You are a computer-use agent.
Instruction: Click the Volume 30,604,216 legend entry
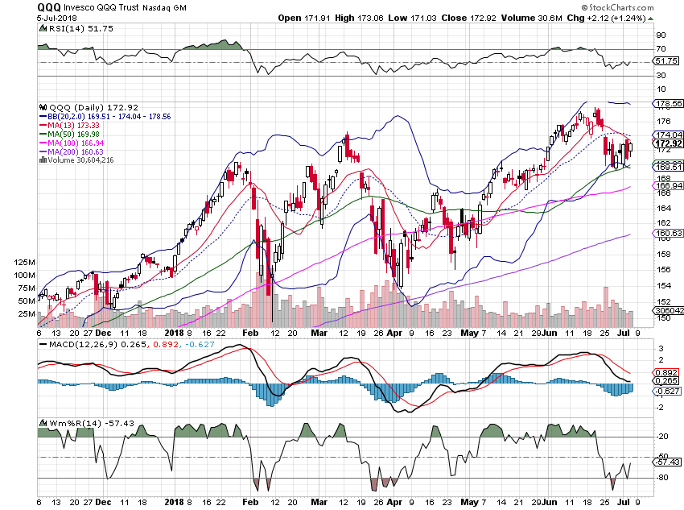coord(81,160)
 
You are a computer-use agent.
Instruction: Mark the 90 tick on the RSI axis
coord(639,36)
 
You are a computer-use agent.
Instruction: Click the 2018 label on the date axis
coord(175,331)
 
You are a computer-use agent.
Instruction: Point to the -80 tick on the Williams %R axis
coord(641,479)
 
